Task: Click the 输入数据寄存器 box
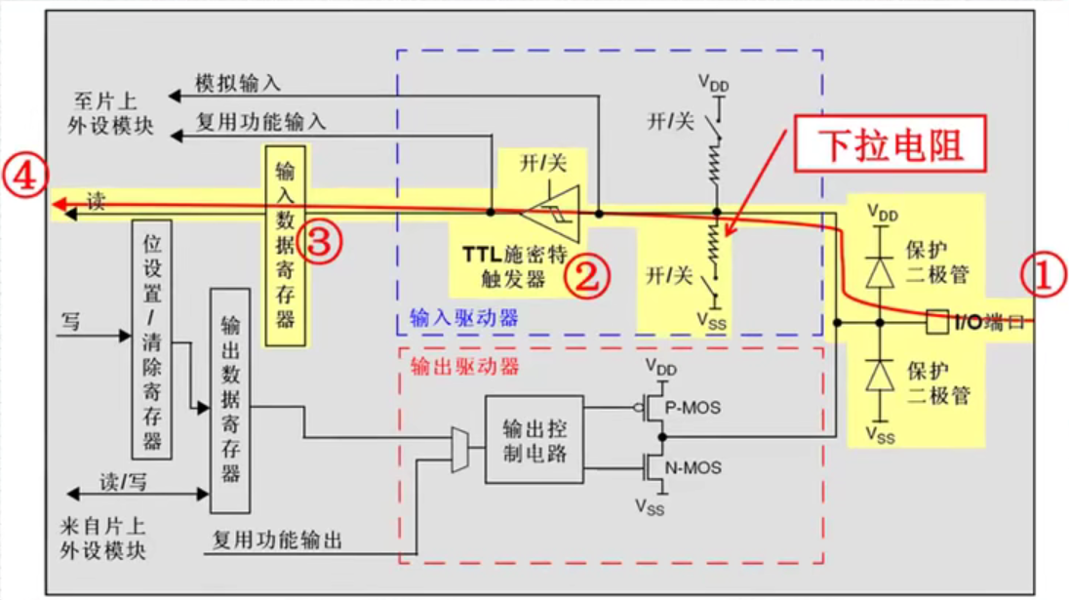[285, 245]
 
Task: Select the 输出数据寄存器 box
[230, 400]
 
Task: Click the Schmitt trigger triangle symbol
[550, 211]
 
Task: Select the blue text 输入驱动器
[463, 318]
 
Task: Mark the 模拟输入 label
[237, 84]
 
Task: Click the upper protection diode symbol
[880, 272]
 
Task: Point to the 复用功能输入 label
[260, 123]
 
